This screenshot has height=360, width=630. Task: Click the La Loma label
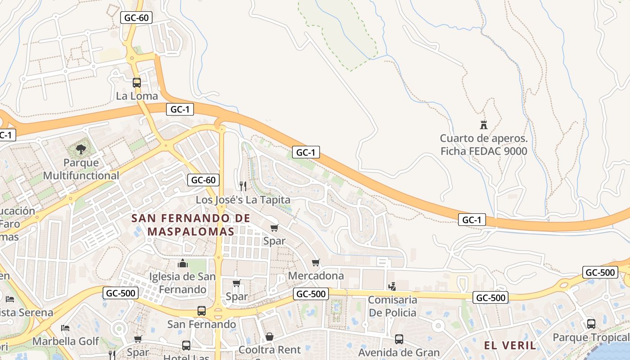pos(137,96)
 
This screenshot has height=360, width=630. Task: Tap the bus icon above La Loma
pos(137,83)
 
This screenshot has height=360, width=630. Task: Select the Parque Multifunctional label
pos(81,169)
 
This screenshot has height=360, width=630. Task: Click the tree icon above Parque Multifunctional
pos(81,149)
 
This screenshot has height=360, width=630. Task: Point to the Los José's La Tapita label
pos(243,199)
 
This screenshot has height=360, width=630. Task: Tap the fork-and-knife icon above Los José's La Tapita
pos(243,186)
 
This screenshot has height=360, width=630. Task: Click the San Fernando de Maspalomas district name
pos(191,225)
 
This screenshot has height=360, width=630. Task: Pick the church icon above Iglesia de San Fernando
pos(183,263)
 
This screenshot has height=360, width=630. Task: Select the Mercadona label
pos(316,275)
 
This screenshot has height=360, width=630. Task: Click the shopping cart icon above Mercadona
pos(316,262)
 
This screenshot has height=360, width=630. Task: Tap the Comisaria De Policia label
pos(392,306)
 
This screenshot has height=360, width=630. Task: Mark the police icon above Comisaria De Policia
pos(392,286)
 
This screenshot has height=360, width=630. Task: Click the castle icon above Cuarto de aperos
pos(484,125)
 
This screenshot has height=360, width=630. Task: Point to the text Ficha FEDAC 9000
pos(484,151)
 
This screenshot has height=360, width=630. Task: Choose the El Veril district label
pos(510,346)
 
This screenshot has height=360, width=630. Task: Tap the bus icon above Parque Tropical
pos(591,324)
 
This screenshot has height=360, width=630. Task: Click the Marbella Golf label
pos(66,341)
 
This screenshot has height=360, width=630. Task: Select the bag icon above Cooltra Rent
pos(270,336)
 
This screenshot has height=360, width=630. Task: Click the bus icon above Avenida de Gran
pos(399,339)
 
